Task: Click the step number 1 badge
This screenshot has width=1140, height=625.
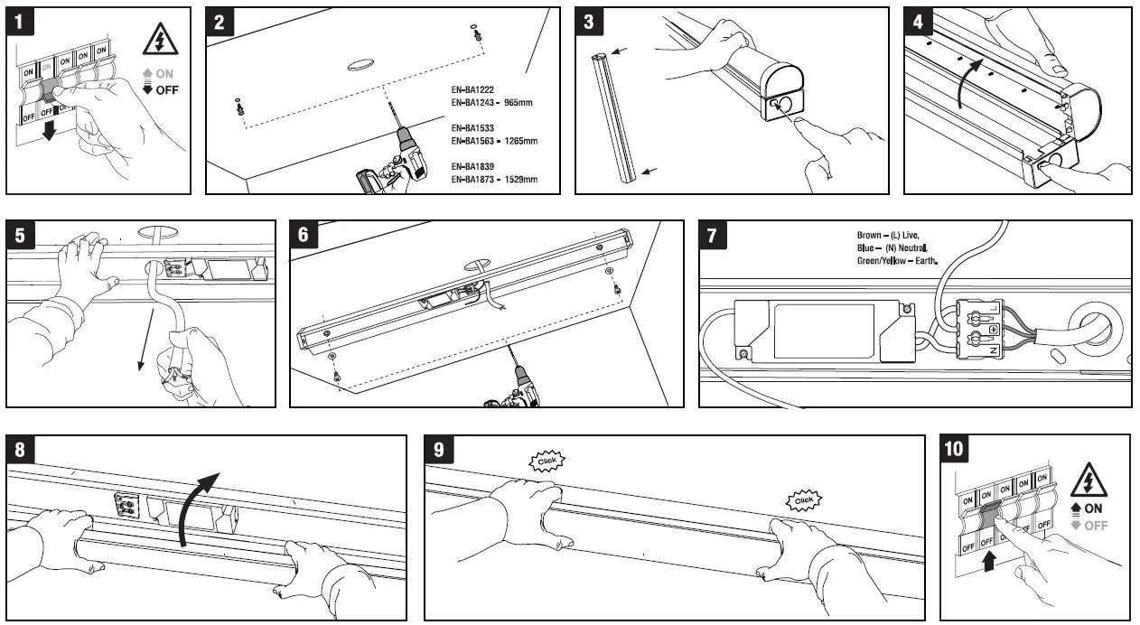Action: (21, 23)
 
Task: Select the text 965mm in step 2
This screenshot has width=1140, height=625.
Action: (518, 103)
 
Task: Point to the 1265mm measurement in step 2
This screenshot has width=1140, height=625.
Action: (518, 141)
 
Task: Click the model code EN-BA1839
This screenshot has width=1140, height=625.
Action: (472, 166)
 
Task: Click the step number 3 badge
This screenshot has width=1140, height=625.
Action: (589, 23)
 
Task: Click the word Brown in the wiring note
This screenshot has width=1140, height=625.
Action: (869, 235)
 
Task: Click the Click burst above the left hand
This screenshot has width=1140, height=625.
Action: (547, 462)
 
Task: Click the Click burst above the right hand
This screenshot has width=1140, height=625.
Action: (803, 499)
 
